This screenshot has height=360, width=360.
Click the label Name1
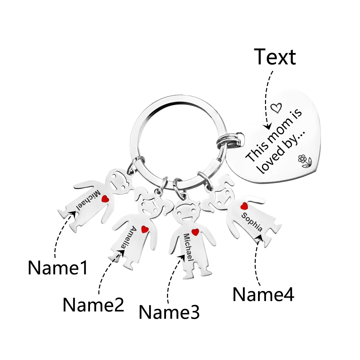coord(58,267)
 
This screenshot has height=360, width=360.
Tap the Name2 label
coord(93,305)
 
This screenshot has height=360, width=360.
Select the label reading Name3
coord(169,312)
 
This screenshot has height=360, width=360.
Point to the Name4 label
coord(263,294)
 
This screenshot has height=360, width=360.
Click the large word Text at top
coord(275,57)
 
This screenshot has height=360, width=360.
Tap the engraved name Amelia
coord(128,237)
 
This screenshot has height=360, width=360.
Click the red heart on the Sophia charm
coord(244,206)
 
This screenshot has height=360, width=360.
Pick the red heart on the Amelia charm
coord(144,229)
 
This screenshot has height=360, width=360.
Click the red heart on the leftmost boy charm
coord(105,199)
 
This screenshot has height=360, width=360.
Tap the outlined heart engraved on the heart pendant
coord(276,107)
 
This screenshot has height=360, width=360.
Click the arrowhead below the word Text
coord(267,127)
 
